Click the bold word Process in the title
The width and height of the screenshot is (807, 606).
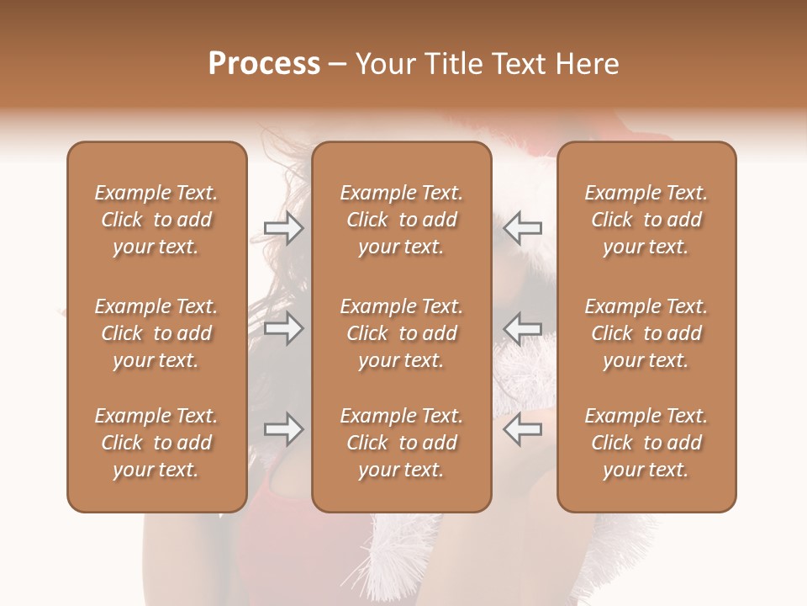(264, 64)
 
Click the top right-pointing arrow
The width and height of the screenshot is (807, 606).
(284, 228)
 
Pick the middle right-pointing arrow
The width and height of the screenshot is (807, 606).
(284, 328)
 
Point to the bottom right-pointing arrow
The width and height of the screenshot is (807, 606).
(284, 429)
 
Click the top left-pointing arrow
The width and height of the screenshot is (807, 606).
(522, 228)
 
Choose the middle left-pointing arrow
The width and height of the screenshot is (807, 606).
(522, 328)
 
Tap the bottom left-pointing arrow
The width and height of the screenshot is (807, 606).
(522, 429)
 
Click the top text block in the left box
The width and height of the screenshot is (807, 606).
(156, 220)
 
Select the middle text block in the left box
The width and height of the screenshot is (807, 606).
(156, 333)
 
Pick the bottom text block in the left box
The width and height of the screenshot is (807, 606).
(156, 443)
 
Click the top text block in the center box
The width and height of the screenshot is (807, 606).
(401, 220)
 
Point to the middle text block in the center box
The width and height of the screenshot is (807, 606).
(401, 333)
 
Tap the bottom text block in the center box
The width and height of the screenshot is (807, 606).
(401, 443)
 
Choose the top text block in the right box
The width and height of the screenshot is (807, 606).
(646, 220)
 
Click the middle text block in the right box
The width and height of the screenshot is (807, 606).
(646, 333)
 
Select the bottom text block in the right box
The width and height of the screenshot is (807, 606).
(646, 443)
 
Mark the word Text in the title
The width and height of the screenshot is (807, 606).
(516, 64)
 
